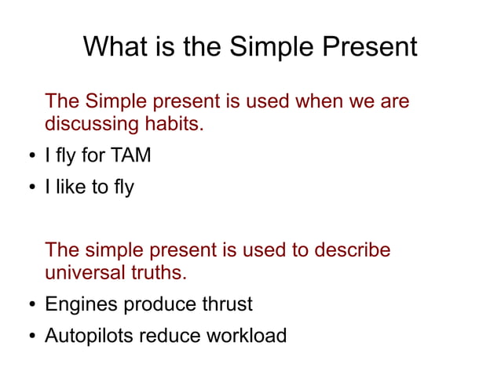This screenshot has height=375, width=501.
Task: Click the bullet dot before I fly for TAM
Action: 32,157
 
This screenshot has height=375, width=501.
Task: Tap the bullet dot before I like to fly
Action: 32,188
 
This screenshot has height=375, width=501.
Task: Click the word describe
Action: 353,250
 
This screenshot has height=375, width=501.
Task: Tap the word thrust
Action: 227,304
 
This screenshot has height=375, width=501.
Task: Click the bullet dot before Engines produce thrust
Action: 32,305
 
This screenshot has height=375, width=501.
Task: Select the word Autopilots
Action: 89,336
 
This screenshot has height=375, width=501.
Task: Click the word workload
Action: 247,336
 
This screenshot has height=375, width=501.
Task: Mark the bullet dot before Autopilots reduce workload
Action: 32,337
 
